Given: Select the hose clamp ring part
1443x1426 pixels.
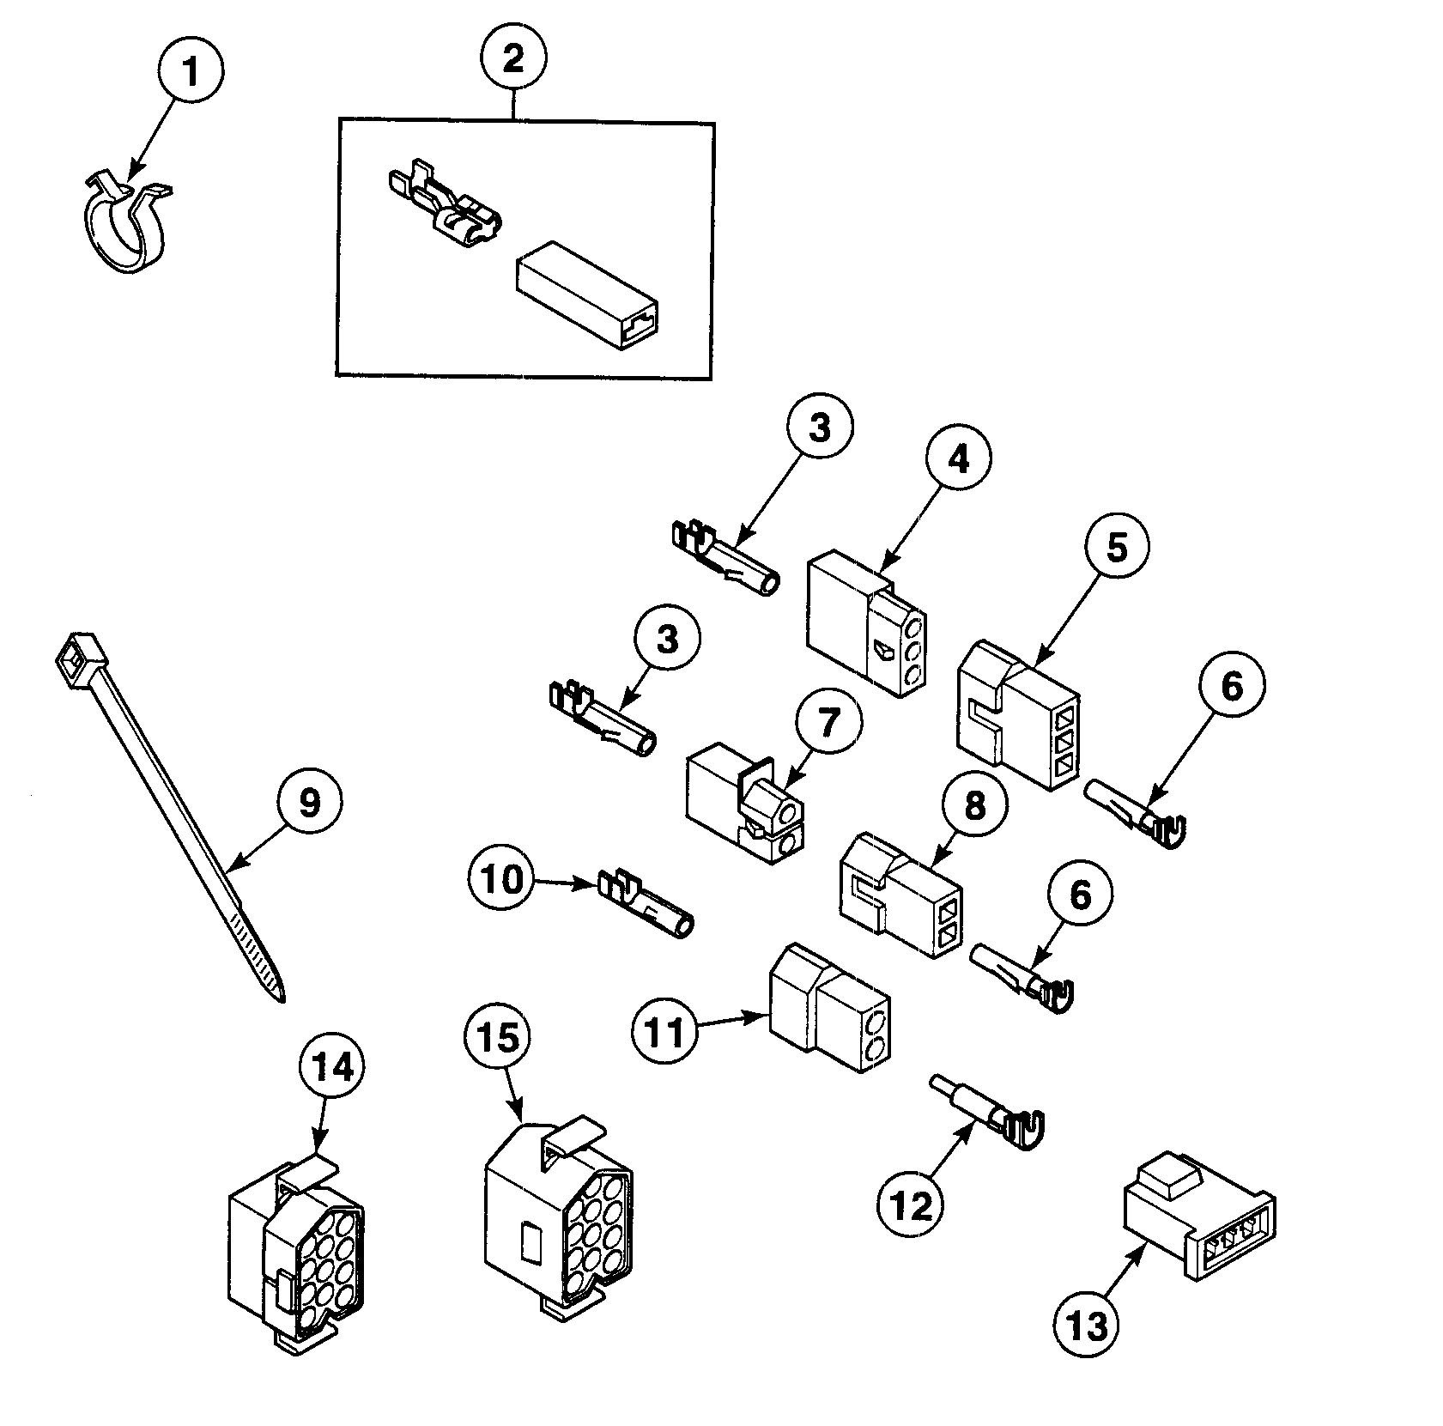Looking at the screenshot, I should pos(125,225).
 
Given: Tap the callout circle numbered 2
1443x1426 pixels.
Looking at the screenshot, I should pos(512,58).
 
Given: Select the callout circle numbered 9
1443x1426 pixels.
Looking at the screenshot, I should pos(309,802).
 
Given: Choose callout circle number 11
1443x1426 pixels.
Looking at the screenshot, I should pos(665,1032).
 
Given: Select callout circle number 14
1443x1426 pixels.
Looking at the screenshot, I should pos(332,1068).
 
